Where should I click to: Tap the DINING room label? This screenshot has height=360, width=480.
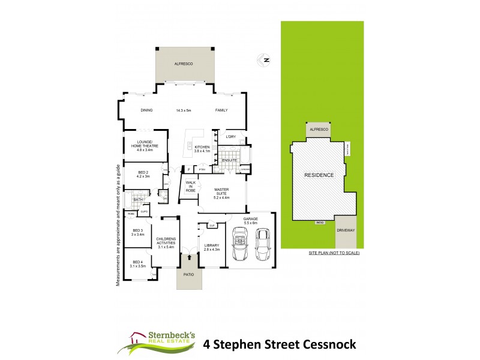tap(146, 110)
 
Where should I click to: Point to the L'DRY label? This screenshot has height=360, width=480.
tap(231, 136)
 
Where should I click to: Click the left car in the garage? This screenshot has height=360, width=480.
tap(241, 247)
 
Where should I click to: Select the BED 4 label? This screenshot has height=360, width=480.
tap(137, 263)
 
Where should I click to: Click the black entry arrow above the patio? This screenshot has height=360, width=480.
tap(190, 257)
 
